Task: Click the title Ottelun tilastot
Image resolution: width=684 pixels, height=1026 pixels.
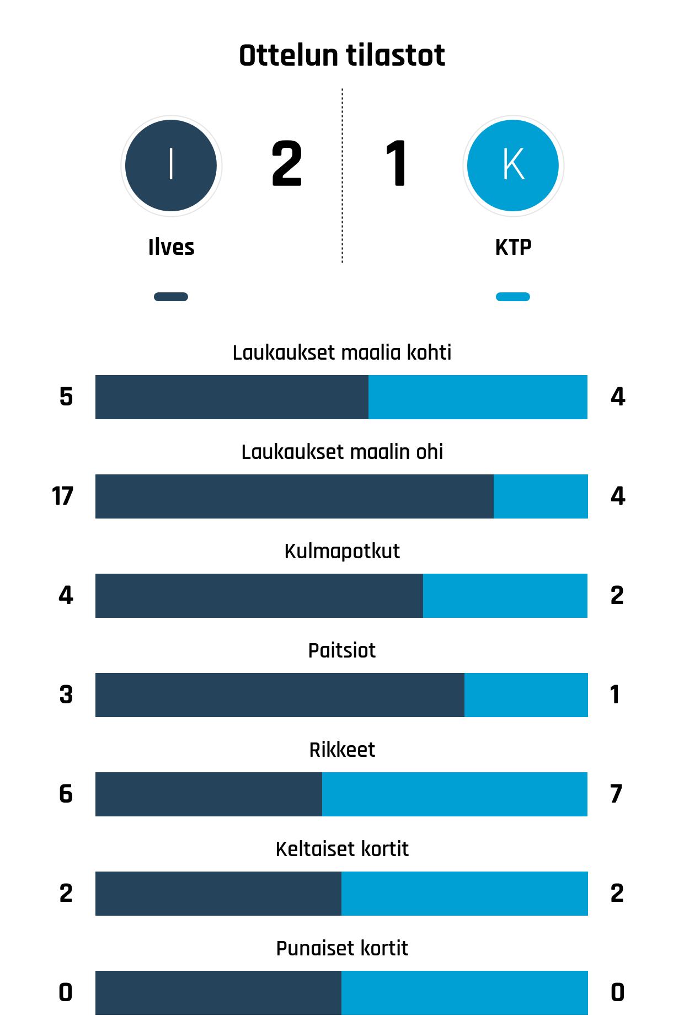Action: pyautogui.click(x=342, y=56)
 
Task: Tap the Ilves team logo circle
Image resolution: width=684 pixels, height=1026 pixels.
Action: pyautogui.click(x=171, y=165)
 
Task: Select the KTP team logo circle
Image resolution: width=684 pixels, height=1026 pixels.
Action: pyautogui.click(x=513, y=165)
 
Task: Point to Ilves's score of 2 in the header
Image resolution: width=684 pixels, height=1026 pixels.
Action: pyautogui.click(x=287, y=164)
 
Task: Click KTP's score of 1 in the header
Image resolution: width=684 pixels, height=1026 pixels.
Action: pyautogui.click(x=396, y=164)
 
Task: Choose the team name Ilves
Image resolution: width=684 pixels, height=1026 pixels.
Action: pyautogui.click(x=171, y=247)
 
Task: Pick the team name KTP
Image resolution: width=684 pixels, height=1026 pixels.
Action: pyautogui.click(x=513, y=247)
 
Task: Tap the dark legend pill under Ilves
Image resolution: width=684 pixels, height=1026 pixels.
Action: pyautogui.click(x=171, y=297)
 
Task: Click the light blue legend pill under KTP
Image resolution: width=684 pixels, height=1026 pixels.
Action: pyautogui.click(x=513, y=297)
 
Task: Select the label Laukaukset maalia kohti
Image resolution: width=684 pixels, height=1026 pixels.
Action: pyautogui.click(x=342, y=352)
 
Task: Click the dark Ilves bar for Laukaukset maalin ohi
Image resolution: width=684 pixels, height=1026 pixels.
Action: pyautogui.click(x=294, y=496)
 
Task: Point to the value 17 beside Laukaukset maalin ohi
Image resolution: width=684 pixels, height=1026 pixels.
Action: pyautogui.click(x=62, y=496)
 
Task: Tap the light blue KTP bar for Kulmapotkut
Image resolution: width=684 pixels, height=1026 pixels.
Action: pyautogui.click(x=505, y=596)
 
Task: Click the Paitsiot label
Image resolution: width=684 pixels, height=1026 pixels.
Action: pyautogui.click(x=342, y=650)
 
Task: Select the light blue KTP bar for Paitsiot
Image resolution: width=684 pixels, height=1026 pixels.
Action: pyautogui.click(x=526, y=695)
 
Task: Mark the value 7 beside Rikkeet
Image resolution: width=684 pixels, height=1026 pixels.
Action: pyautogui.click(x=617, y=794)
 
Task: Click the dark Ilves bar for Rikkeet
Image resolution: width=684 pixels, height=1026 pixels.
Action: pyautogui.click(x=209, y=794)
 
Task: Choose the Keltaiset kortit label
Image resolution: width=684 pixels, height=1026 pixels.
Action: pyautogui.click(x=342, y=849)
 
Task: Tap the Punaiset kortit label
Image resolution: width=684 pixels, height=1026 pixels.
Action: pyautogui.click(x=342, y=948)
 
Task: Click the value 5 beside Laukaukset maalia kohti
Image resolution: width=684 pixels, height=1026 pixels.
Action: pyautogui.click(x=66, y=397)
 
